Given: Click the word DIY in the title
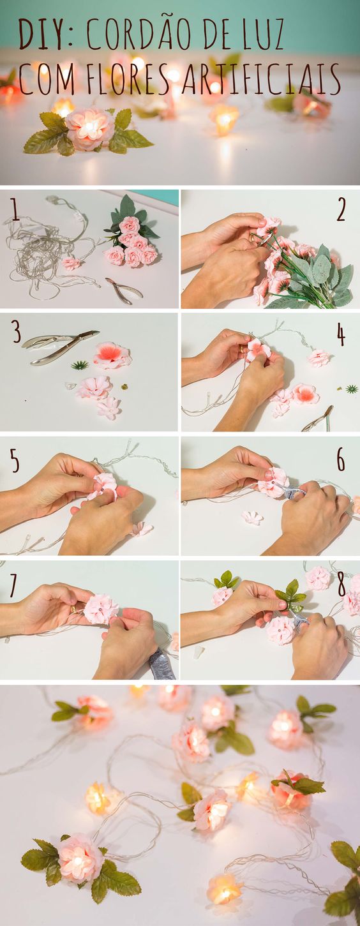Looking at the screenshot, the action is coord(40,34).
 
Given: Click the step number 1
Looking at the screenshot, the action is coord(15,211).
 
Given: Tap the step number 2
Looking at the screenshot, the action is coord(341,210).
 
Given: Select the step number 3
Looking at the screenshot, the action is coord(16,332).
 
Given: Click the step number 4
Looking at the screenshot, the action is coord(341,335).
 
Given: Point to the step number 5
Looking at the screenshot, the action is coord(15,461).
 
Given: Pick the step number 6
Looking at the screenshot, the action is coord(341,459).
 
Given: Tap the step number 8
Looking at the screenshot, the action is coord(341,585).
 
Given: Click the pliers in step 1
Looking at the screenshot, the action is coord(124,290).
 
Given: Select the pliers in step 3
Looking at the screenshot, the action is coord(61,347).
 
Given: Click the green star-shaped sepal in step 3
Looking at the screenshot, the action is coord(79,365).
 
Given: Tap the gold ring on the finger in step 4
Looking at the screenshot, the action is coord(242,349).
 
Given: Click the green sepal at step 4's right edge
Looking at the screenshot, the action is coord(352,389).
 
